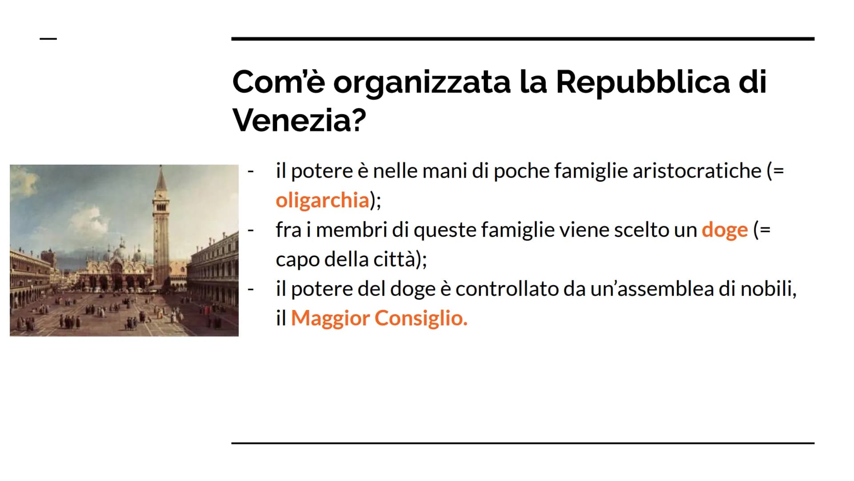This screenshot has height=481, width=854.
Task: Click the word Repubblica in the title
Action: (x=643, y=83)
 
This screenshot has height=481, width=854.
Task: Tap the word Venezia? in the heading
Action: (x=299, y=120)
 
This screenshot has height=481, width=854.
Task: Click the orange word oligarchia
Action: (x=322, y=200)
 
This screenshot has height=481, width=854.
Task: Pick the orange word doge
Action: (x=725, y=230)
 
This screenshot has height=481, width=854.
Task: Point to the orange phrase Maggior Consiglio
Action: (x=379, y=318)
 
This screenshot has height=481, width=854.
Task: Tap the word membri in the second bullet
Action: (x=351, y=230)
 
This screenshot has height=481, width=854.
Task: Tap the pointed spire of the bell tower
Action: (x=161, y=178)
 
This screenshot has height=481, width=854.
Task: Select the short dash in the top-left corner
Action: (x=48, y=39)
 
